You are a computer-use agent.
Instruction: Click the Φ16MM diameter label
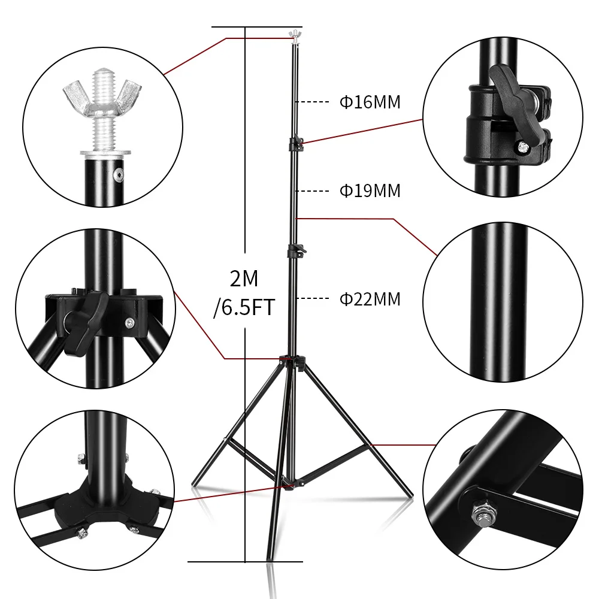click(x=370, y=102)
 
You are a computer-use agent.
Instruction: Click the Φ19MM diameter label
click(x=370, y=191)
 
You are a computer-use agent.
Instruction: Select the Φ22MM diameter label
click(x=370, y=299)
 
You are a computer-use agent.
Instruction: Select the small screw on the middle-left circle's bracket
click(x=129, y=323)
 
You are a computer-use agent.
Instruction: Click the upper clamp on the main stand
click(x=297, y=144)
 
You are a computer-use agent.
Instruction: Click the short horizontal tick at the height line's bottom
click(x=246, y=562)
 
